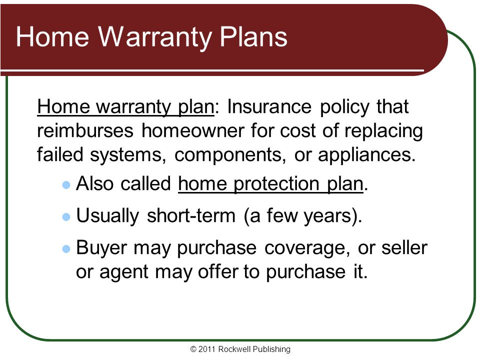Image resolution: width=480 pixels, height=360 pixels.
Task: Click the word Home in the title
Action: point(55,37)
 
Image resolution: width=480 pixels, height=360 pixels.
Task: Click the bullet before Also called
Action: point(65,185)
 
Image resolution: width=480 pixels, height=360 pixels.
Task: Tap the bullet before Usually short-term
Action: point(65,217)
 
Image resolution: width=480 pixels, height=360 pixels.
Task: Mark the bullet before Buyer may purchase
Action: point(65,248)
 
